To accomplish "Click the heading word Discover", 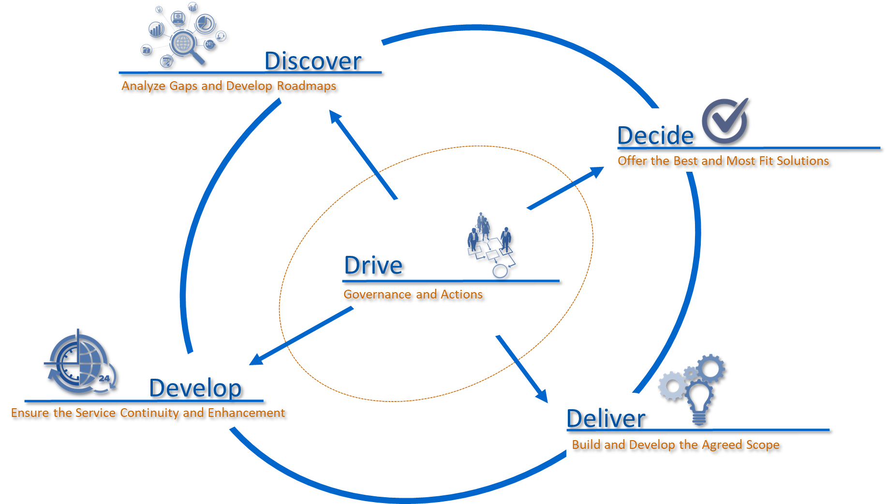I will tap(312, 61).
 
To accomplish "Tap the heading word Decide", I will tap(655, 135).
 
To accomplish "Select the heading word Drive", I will tap(373, 266).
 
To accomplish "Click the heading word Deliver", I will tap(606, 418).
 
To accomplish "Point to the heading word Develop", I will tap(195, 388).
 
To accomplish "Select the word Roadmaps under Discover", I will tap(306, 86).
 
